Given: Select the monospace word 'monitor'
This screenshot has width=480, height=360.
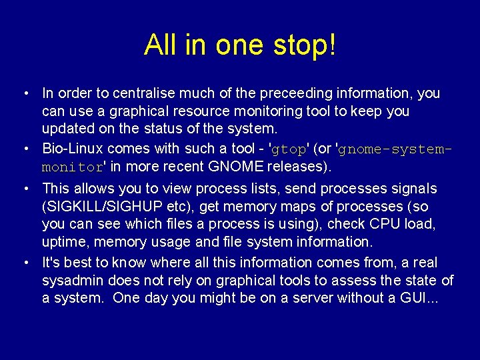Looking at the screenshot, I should click(x=72, y=166).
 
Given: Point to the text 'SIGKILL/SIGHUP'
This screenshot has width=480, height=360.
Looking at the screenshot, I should click(x=97, y=207).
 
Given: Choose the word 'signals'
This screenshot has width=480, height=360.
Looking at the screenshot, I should click(x=414, y=189).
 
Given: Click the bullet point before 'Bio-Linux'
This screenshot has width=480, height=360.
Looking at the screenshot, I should click(x=25, y=148).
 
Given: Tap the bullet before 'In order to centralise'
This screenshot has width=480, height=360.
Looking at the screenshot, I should click(x=25, y=93).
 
